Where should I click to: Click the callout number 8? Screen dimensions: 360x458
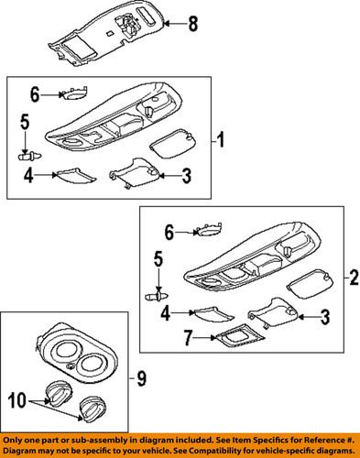pyautogui.click(x=193, y=24)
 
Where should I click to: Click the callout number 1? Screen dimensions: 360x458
pyautogui.click(x=221, y=139)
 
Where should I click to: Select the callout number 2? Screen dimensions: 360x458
pyautogui.click(x=354, y=278)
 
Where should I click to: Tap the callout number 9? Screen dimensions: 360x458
pyautogui.click(x=141, y=378)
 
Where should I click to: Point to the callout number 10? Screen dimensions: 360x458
pyautogui.click(x=17, y=400)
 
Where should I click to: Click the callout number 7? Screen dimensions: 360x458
pyautogui.click(x=189, y=338)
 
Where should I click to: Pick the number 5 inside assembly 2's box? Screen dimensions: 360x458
pyautogui.click(x=158, y=259)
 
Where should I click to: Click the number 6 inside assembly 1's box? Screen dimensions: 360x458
pyautogui.click(x=35, y=94)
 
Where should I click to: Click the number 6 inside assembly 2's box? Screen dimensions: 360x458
pyautogui.click(x=169, y=233)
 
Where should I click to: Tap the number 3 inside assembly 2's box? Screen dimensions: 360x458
pyautogui.click(x=326, y=317)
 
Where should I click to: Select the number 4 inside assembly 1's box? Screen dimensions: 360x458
pyautogui.click(x=28, y=175)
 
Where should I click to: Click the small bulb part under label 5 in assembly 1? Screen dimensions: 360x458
pyautogui.click(x=29, y=157)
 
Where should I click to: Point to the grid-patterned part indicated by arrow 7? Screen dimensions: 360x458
pyautogui.click(x=239, y=335)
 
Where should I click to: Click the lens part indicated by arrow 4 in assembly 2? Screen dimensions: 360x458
pyautogui.click(x=213, y=313)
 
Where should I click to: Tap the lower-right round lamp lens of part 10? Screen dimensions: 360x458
pyautogui.click(x=92, y=409)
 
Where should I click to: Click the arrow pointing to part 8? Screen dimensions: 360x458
pyautogui.click(x=175, y=24)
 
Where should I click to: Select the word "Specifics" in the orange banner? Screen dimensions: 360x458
pyautogui.click(x=272, y=441)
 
